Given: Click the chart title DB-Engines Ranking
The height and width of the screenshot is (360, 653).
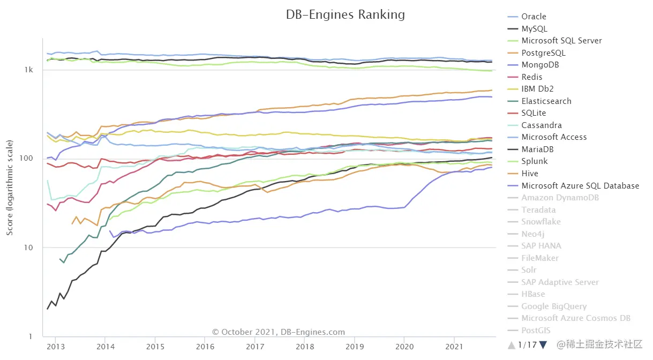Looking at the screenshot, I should click(346, 14).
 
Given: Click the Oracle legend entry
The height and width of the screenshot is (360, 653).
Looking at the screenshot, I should click(534, 17).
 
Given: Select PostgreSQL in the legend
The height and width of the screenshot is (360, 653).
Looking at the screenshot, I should click(543, 53).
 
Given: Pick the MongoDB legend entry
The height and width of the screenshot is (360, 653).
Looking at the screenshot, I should click(540, 65).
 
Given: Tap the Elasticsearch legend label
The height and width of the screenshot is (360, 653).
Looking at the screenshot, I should click(546, 101).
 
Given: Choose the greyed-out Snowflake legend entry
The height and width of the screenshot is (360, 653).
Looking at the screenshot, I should click(541, 222).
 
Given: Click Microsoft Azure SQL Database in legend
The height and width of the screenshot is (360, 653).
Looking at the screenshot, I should click(580, 185).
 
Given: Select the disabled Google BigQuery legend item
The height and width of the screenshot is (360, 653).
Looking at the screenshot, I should click(554, 306).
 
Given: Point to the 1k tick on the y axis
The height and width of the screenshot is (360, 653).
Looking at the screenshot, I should click(29, 70).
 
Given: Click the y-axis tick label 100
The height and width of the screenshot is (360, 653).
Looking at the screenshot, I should click(27, 159).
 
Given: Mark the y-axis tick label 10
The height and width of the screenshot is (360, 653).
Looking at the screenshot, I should click(29, 248).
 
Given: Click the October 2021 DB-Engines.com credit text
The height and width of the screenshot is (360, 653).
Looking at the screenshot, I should click(279, 332).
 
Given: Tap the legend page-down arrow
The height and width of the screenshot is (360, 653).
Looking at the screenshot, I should click(543, 344).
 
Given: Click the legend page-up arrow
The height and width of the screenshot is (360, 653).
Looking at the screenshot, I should click(512, 344).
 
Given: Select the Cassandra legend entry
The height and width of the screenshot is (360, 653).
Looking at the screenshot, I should click(542, 125).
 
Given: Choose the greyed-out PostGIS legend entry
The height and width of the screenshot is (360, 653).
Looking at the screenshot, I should click(536, 331).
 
